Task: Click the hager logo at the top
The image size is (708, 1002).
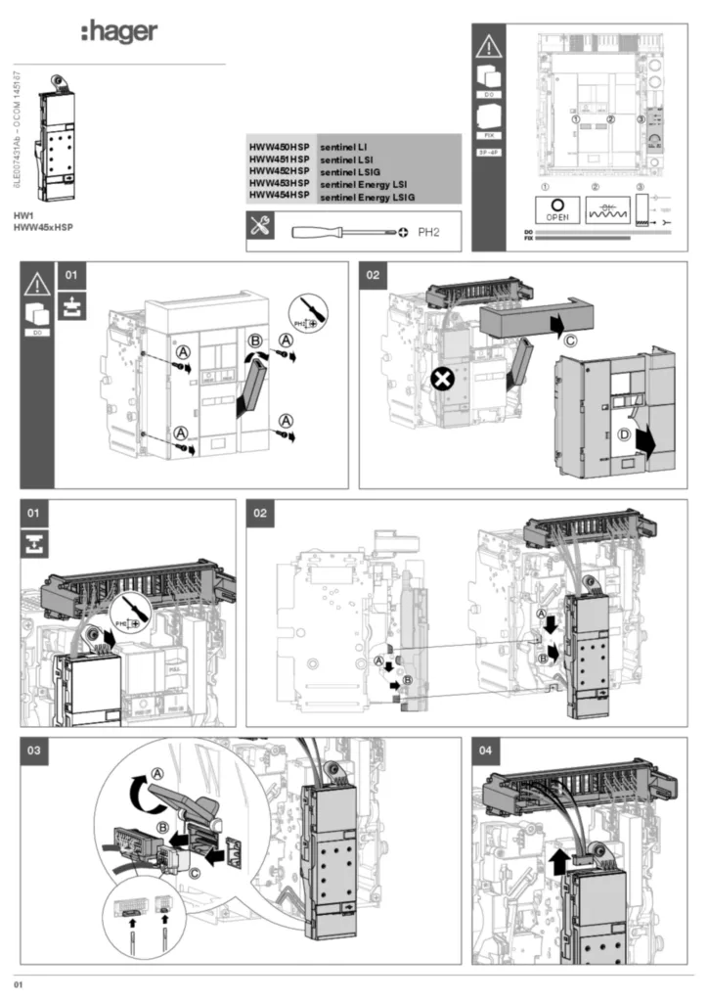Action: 118,32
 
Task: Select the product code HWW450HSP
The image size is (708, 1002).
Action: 279,145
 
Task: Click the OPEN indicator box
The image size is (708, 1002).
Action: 556,209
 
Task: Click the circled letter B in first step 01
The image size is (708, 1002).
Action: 256,342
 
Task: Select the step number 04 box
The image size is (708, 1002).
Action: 486,751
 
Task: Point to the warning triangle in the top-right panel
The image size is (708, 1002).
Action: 487,45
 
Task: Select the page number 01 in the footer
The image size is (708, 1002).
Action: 18,981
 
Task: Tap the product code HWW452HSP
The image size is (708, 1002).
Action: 279,170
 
